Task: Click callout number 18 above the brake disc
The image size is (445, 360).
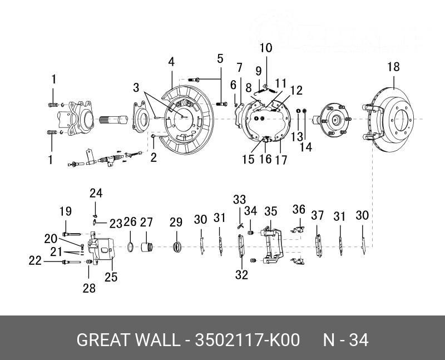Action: pos(393,67)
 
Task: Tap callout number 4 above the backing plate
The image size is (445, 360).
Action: pos(172,61)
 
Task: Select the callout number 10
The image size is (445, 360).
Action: pos(266,48)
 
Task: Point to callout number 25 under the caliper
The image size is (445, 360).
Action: pos(111,276)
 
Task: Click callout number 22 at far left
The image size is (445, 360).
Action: pos(36,260)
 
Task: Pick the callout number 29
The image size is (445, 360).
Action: pos(176,223)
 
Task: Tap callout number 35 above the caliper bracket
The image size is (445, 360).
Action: pos(271,211)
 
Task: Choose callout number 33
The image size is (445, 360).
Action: pos(239,200)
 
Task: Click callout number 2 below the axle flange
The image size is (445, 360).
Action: pos(154,157)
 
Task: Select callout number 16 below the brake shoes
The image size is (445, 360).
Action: pos(265,159)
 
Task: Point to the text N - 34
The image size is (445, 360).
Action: pos(346,340)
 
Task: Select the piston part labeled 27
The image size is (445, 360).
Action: pos(148,246)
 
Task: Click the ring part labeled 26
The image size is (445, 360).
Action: pos(130,246)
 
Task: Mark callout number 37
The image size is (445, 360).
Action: pos(317,215)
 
